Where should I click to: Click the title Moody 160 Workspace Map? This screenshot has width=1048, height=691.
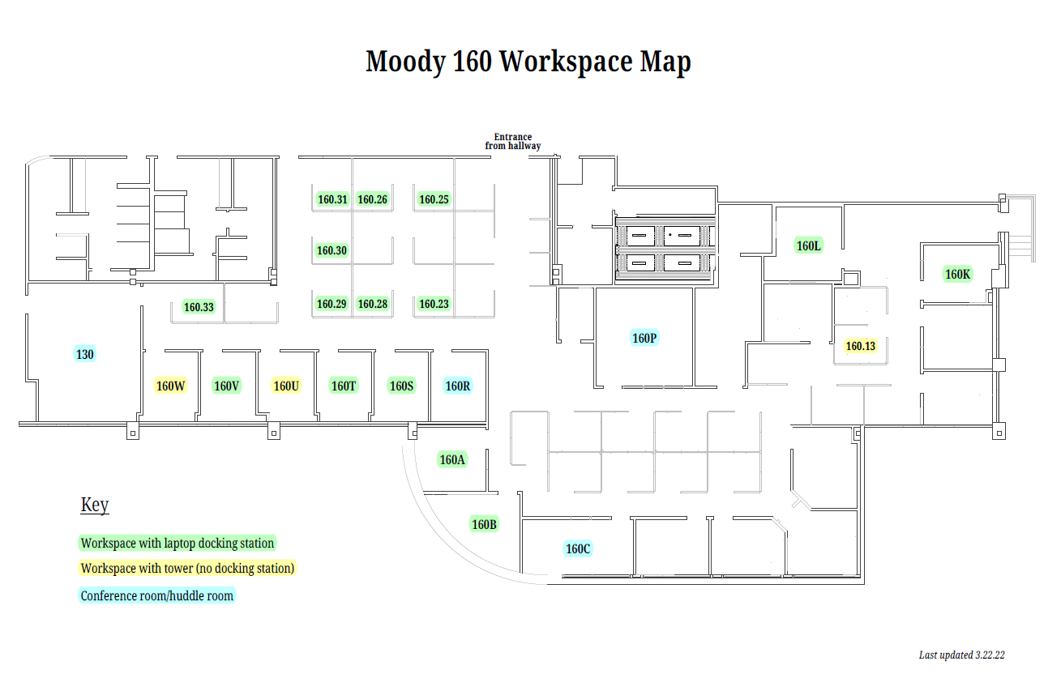point(528,62)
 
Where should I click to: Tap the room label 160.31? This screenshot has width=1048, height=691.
point(332,199)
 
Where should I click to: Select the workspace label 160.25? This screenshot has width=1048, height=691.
point(434,199)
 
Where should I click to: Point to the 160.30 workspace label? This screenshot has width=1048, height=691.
point(332,251)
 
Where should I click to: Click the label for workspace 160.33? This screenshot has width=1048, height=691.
point(199,307)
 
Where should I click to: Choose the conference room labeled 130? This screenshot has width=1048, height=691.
point(85,354)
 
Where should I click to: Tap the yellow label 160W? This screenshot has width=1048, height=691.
point(171,386)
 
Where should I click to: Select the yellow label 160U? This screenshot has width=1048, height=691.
point(286,386)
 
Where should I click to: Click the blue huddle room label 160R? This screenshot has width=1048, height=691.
point(458,386)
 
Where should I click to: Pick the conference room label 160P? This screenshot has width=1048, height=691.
point(644,338)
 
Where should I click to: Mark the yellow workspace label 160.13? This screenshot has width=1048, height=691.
point(860,346)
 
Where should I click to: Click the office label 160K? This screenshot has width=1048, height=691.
point(957,274)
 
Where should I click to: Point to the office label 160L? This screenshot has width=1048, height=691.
point(809,245)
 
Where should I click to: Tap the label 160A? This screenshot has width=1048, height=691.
point(452,459)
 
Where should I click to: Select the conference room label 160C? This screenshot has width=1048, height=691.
point(578,548)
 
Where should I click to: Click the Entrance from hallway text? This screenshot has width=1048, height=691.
point(512,142)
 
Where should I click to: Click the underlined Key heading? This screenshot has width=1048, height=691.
point(95,505)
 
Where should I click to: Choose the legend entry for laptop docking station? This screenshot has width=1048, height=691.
point(178,543)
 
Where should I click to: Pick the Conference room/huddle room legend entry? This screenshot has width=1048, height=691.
point(157,595)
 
